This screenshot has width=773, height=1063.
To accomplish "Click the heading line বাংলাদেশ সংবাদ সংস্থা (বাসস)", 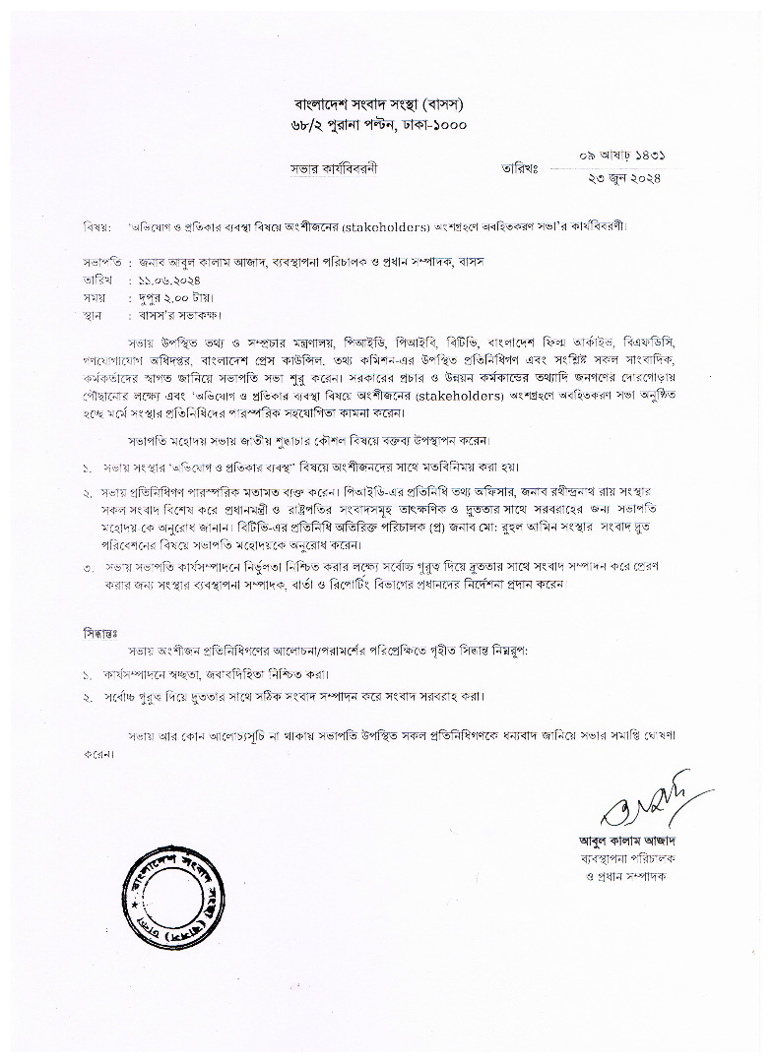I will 379,103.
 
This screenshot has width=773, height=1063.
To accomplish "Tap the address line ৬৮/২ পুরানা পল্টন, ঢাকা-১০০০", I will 379,125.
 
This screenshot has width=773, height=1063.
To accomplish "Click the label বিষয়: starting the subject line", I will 95,224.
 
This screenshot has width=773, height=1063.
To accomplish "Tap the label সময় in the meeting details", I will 96,297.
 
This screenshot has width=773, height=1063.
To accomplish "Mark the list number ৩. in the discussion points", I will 88,568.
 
